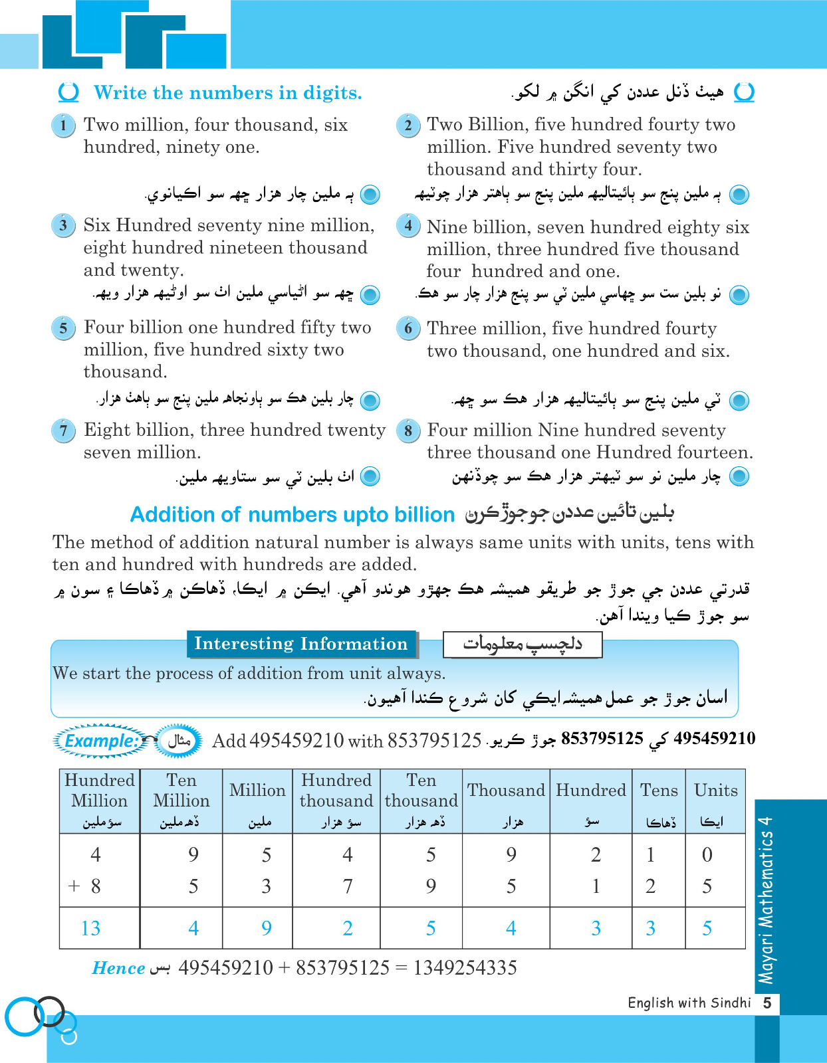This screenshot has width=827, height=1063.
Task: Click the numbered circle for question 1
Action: (63, 126)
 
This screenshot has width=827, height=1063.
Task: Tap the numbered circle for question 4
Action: (408, 226)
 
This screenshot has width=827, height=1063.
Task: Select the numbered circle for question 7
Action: (63, 431)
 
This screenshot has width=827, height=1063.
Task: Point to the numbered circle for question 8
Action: (408, 431)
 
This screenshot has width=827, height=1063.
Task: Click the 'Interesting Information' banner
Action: (301, 644)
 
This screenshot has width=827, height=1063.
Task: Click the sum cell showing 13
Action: (91, 928)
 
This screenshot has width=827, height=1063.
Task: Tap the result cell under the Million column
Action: (266, 928)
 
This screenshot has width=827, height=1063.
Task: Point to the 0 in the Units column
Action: (707, 854)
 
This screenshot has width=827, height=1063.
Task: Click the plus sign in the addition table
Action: (74, 886)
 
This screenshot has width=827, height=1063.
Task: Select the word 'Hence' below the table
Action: (118, 968)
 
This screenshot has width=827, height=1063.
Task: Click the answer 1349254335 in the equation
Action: (465, 968)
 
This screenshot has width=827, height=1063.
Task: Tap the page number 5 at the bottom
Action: (767, 1003)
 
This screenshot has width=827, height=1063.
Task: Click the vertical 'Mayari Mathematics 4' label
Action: (767, 900)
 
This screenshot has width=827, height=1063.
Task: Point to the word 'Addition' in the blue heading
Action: (172, 515)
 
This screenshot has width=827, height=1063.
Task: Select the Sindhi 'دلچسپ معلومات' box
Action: (523, 644)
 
